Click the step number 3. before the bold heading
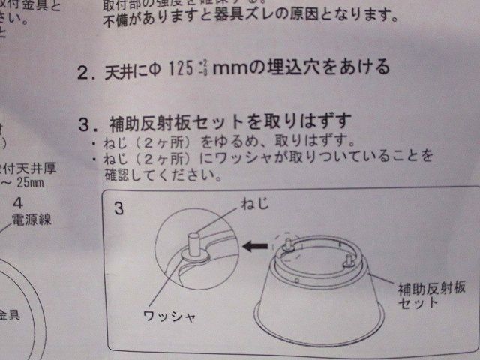click(87, 122)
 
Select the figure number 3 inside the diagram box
click(119, 208)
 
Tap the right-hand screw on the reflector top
click(349, 259)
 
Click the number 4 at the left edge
click(18, 202)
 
